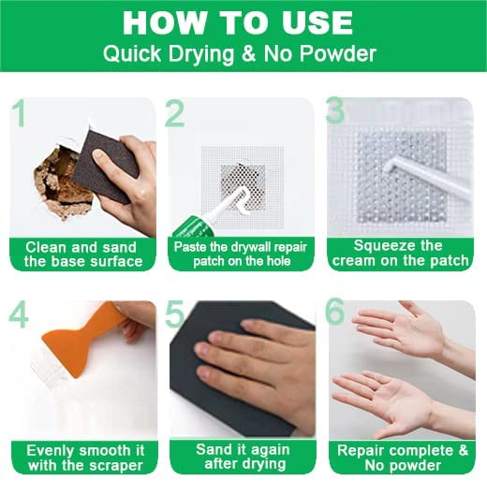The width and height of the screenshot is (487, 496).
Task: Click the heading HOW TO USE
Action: click(x=238, y=22)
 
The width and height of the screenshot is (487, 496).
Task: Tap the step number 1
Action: click(x=20, y=113)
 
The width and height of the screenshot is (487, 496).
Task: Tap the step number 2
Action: click(x=175, y=113)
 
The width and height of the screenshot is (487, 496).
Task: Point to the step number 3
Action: click(x=335, y=109)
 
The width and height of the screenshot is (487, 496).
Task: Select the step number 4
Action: click(x=19, y=316)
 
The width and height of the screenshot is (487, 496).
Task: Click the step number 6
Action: click(x=335, y=311)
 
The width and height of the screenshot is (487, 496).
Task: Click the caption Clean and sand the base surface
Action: click(x=83, y=255)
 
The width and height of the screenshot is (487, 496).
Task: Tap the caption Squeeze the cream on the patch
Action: click(x=400, y=253)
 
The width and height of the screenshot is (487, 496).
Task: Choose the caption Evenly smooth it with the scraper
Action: click(x=85, y=458)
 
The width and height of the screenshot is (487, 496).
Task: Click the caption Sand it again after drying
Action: click(x=243, y=457)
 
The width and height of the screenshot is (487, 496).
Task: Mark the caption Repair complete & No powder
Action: click(x=402, y=458)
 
